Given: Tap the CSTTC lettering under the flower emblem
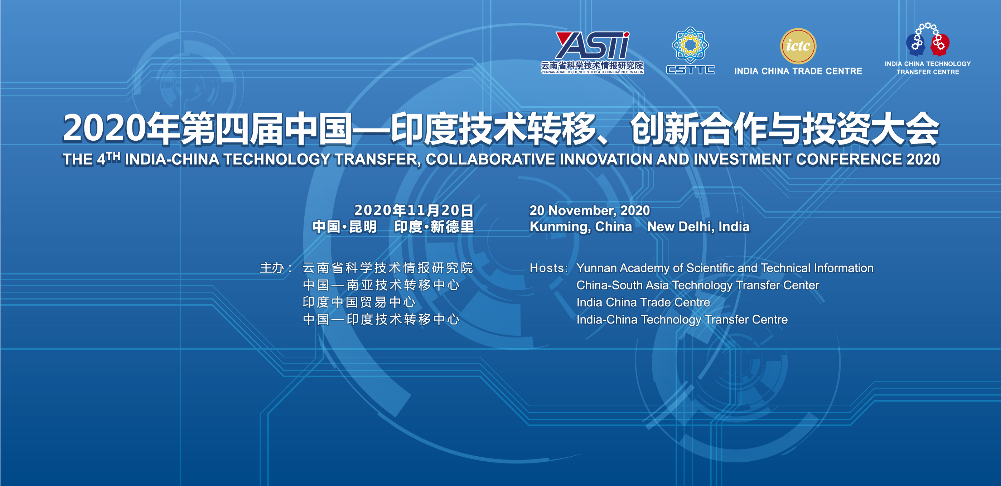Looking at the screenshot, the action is pyautogui.click(x=690, y=69).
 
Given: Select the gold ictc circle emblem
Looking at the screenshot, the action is pyautogui.click(x=798, y=46).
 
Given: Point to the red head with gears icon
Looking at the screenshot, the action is pyautogui.click(x=940, y=44).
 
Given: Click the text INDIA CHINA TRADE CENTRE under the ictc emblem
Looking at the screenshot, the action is pyautogui.click(x=798, y=71).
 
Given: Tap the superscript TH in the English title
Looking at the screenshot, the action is pyautogui.click(x=113, y=156).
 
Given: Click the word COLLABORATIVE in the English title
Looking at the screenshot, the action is pyautogui.click(x=490, y=159).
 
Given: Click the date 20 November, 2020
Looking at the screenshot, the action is pyautogui.click(x=590, y=210).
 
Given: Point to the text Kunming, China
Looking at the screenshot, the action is pyautogui.click(x=581, y=227).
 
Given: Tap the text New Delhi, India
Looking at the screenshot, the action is pyautogui.click(x=698, y=227).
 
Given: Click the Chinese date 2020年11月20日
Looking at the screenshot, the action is pyautogui.click(x=414, y=210).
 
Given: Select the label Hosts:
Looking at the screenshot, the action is pyautogui.click(x=549, y=268).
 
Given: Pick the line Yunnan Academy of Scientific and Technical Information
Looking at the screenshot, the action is pyautogui.click(x=725, y=268).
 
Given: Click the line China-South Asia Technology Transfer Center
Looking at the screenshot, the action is pyautogui.click(x=697, y=285).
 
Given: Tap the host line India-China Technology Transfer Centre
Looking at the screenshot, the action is pyautogui.click(x=682, y=319).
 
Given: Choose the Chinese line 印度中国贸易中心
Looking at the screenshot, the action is pyautogui.click(x=359, y=302).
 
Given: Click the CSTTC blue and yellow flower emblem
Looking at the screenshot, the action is pyautogui.click(x=690, y=45).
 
